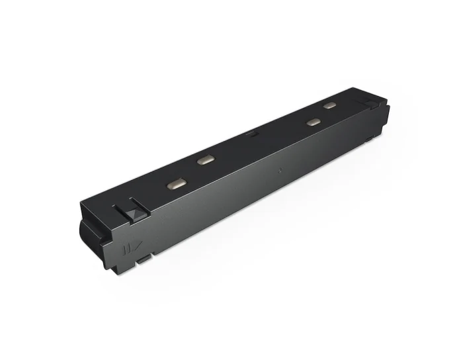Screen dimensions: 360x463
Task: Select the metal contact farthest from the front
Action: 329,105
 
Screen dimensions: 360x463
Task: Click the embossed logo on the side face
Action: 129,250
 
